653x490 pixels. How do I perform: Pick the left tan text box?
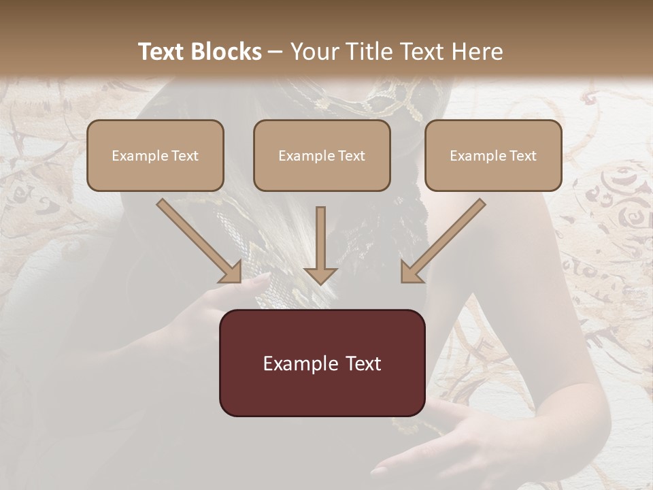(x=155, y=155)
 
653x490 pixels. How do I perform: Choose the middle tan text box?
(x=322, y=155)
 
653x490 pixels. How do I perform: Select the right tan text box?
(x=493, y=155)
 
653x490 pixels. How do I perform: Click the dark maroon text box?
(x=322, y=363)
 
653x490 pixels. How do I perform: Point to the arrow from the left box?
(x=198, y=240)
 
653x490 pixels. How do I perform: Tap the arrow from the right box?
(x=443, y=240)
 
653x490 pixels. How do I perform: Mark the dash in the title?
(x=275, y=52)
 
